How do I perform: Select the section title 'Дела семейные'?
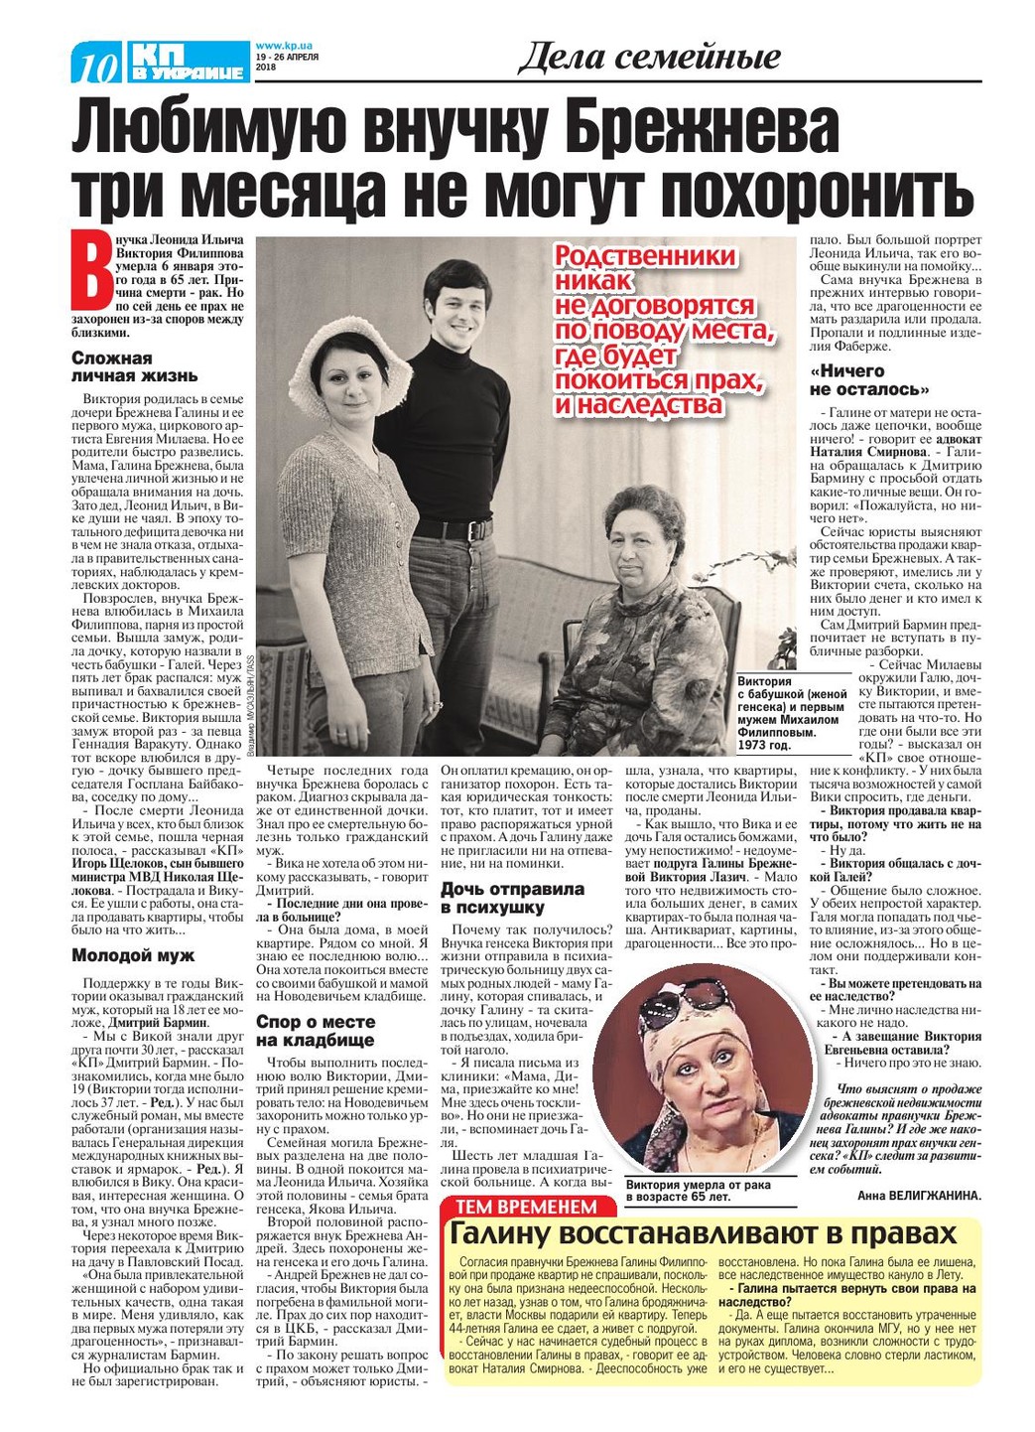(x=649, y=58)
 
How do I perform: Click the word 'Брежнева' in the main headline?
(x=684, y=128)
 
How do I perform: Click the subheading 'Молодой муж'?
(x=133, y=955)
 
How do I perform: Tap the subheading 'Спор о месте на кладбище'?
(x=316, y=1031)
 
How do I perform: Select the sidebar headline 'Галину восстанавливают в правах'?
(x=704, y=1233)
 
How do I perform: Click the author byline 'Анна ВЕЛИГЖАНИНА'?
(x=918, y=1196)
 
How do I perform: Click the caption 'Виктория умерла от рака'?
(x=698, y=1185)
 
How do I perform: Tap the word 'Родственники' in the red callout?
(x=645, y=257)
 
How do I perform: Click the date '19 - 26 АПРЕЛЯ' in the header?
(x=286, y=57)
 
